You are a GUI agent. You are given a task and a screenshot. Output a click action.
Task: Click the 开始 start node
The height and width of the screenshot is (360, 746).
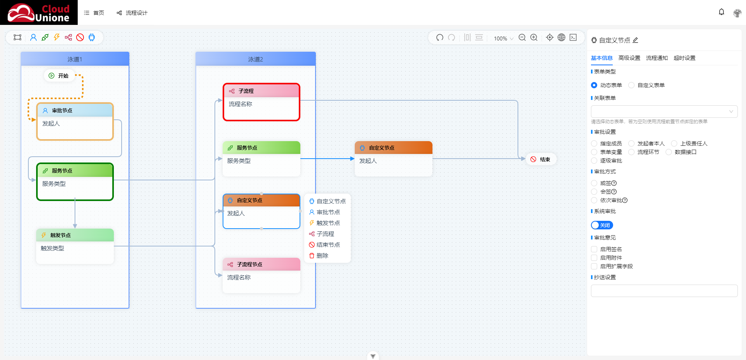coord(59,76)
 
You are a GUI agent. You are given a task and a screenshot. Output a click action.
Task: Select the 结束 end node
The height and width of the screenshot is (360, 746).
coord(541,159)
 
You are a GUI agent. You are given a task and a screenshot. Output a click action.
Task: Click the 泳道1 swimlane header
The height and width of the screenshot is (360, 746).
coord(75,59)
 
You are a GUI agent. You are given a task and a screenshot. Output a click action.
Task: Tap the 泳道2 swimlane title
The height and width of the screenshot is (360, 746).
coord(256,59)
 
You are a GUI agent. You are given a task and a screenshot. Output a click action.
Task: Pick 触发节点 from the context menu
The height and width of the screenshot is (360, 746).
coord(325,223)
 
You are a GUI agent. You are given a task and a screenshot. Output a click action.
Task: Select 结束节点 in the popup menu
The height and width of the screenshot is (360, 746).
coord(325,245)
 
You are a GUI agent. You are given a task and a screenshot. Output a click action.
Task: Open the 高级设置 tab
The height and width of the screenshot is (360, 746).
coord(629,58)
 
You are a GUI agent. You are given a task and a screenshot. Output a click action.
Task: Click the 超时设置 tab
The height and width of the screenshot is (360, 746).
coord(685,58)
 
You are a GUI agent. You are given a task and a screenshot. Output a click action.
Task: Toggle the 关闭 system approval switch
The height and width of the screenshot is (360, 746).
coord(602,225)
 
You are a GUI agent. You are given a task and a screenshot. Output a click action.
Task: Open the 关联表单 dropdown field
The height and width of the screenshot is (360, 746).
coord(664,112)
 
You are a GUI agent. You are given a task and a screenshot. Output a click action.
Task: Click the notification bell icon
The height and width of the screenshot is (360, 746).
coord(722,12)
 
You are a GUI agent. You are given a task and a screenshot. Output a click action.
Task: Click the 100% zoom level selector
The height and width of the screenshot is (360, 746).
coord(504,38)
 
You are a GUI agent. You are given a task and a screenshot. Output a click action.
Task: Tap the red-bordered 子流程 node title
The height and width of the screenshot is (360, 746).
coord(246,91)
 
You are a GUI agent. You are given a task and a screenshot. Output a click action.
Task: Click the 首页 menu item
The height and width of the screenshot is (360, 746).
coord(94,13)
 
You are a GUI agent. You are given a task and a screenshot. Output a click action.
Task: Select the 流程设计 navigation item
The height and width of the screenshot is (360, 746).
coord(132,13)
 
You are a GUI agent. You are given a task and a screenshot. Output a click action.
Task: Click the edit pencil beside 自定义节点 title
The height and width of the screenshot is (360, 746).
coord(636,40)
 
